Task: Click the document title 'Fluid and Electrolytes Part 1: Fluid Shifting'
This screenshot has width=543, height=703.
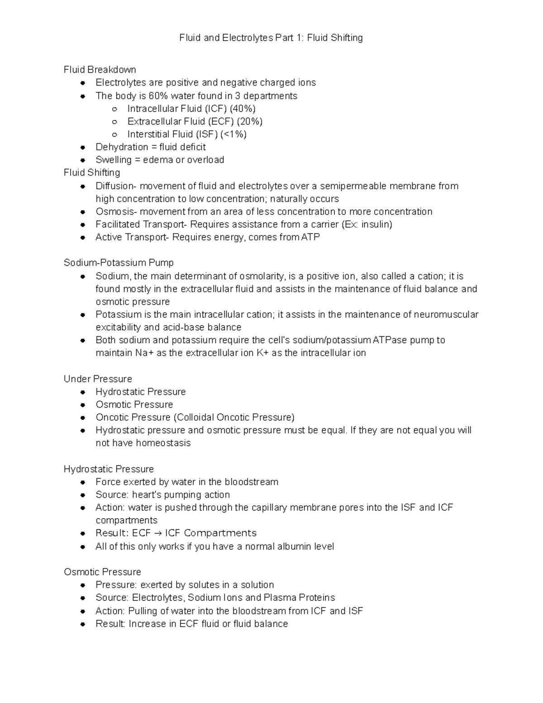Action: tap(271, 38)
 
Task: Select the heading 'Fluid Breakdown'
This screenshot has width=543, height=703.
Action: tap(100, 70)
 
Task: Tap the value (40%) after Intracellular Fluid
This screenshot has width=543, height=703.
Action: tap(243, 109)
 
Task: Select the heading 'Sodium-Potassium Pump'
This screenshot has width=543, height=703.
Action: tap(119, 263)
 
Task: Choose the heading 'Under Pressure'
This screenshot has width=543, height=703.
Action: tap(98, 379)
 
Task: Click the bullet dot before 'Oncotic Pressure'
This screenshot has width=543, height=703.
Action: tap(83, 418)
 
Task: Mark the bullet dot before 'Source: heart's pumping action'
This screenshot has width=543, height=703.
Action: tap(83, 495)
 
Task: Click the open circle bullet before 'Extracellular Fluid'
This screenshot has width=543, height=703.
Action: tap(115, 122)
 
